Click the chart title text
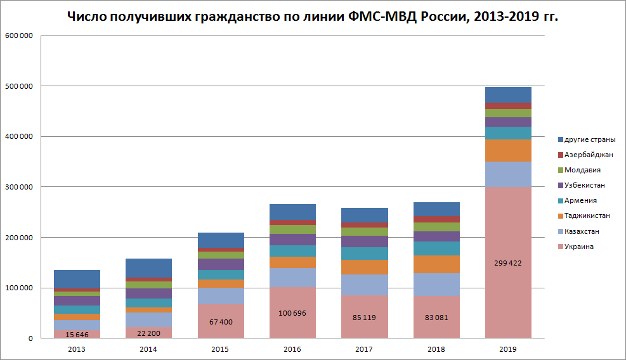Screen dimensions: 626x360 pos(313,16)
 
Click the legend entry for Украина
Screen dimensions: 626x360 pos(576,247)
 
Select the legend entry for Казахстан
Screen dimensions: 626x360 pos(578,231)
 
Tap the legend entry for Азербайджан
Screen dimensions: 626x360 pos(585,155)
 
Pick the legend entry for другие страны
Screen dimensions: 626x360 pos(587,139)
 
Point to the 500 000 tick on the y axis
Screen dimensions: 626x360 pos(19,86)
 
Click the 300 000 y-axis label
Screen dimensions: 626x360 pos(19,187)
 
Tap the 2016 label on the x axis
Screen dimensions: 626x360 pos(292,349)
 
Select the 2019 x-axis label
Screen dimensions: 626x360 pos(508,349)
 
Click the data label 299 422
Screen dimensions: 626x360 pos(508,263)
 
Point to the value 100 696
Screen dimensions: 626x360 pos(292,313)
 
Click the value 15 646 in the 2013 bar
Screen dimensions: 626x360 pos(77,335)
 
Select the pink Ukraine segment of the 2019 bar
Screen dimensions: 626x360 pos(508,262)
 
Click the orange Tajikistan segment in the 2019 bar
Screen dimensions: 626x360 pos(508,150)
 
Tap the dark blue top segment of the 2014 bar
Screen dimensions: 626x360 pos(149,268)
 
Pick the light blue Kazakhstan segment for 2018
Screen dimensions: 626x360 pos(436,285)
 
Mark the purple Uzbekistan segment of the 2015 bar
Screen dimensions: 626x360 pos(221,264)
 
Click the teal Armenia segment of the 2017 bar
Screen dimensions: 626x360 pos(365,254)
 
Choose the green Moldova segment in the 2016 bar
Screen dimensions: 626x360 pos(292,229)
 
